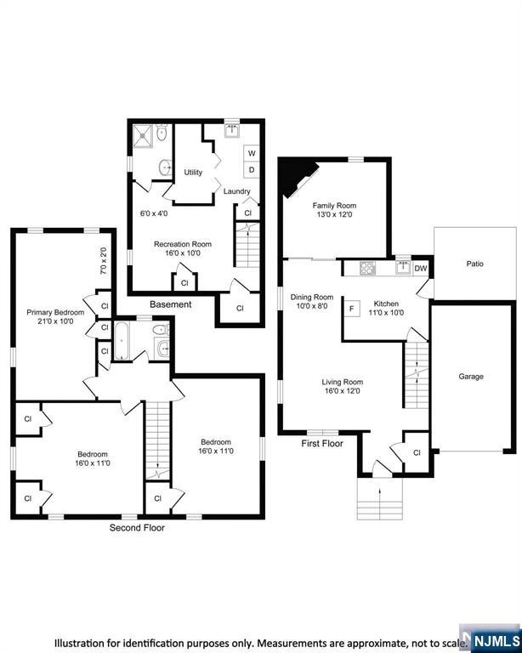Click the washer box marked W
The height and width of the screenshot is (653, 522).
pos(252,153)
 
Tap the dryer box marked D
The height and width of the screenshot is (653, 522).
pos(252,170)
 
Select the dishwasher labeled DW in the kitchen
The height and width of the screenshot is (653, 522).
pos(421,269)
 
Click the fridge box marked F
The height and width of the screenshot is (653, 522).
pos(352,309)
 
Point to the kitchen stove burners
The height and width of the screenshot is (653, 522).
pos(367,268)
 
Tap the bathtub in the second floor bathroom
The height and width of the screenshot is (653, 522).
pos(122,340)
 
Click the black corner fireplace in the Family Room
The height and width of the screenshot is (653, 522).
pos(297,177)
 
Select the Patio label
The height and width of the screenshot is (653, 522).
pos(475,264)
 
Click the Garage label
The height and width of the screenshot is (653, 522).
pos(471,377)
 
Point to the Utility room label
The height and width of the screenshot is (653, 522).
pos(193,172)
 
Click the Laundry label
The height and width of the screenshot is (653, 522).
pos(237,191)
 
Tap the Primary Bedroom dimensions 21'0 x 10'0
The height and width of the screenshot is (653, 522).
pos(55,321)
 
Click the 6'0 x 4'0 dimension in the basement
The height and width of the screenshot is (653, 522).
pos(154,213)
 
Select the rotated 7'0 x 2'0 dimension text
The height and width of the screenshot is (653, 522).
pos(103,261)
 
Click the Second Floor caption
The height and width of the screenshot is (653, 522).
pos(137,528)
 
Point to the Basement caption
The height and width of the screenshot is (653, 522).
pos(171,304)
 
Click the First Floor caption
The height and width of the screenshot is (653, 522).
pos(322,444)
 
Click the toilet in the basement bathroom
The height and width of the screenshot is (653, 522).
pos(162,133)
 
